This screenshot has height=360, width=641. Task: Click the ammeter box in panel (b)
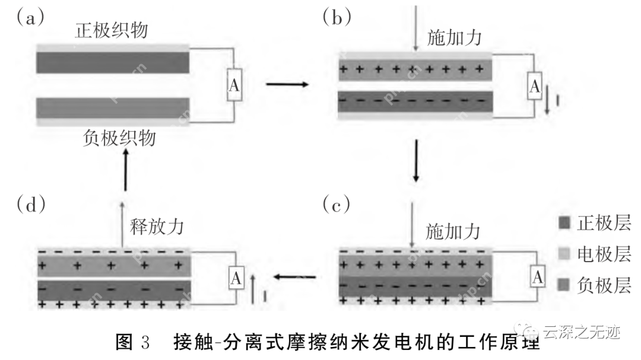(x=535, y=87)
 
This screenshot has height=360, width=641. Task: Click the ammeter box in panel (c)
(x=537, y=276)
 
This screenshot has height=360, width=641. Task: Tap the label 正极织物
(x=112, y=30)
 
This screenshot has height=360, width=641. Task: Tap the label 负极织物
(x=120, y=138)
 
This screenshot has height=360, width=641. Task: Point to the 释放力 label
(x=156, y=228)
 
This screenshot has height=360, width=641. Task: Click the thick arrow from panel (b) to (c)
(x=416, y=161)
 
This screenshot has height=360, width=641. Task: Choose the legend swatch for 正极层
(x=564, y=224)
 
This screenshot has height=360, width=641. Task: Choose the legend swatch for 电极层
(x=564, y=255)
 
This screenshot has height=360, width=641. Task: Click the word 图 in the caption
(x=126, y=343)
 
